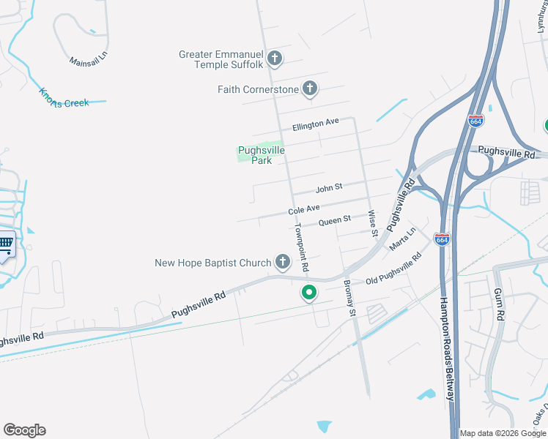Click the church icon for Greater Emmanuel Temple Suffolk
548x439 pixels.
[x=275, y=58]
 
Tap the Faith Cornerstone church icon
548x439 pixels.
[x=309, y=89]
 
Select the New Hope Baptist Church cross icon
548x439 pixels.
[x=283, y=262]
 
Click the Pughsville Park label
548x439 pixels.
[x=261, y=155]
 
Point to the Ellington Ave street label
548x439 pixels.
[x=316, y=125]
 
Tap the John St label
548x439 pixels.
[x=329, y=188]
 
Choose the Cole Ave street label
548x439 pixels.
[x=304, y=210]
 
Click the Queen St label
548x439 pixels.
[x=335, y=219]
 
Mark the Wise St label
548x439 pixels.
[x=372, y=223]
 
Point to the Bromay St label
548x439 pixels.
[x=349, y=299]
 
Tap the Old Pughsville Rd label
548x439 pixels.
[x=393, y=269]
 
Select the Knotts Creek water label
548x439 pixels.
[x=64, y=98]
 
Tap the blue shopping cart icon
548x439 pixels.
[x=5, y=244]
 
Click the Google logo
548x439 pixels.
[x=24, y=430]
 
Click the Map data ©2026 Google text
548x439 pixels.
[x=502, y=433]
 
